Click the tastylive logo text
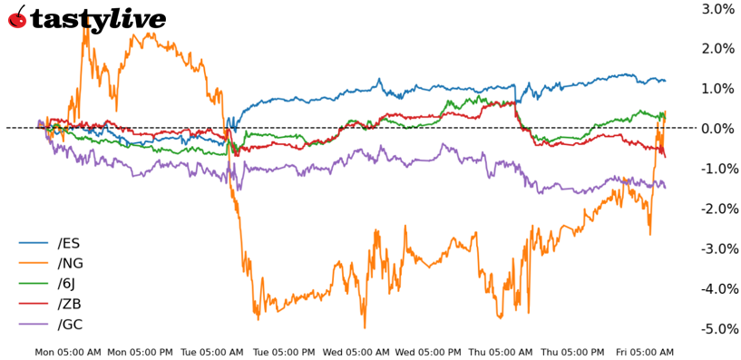[98, 19]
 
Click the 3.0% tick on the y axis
[717, 9]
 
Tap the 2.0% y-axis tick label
[717, 49]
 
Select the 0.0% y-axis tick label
[717, 129]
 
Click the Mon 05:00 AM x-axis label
[68, 352]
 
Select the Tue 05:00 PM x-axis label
[284, 352]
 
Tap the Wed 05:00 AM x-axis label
[357, 352]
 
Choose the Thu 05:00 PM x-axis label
[572, 352]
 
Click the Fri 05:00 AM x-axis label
[645, 352]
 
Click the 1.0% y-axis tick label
[717, 89]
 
